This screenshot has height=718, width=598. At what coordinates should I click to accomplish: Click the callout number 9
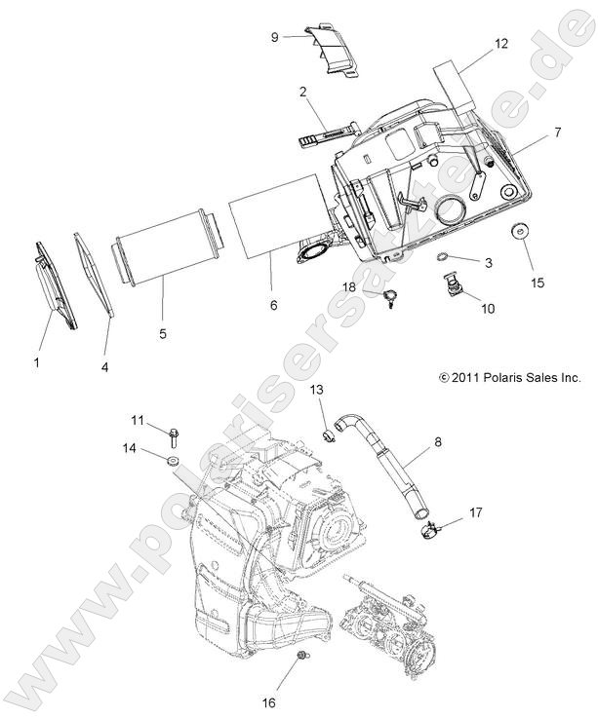(275, 36)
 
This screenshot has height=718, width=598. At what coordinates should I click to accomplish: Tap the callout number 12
(501, 44)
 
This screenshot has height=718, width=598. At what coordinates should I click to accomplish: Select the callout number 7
(531, 131)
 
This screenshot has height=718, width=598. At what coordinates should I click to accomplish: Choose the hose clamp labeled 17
(430, 529)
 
